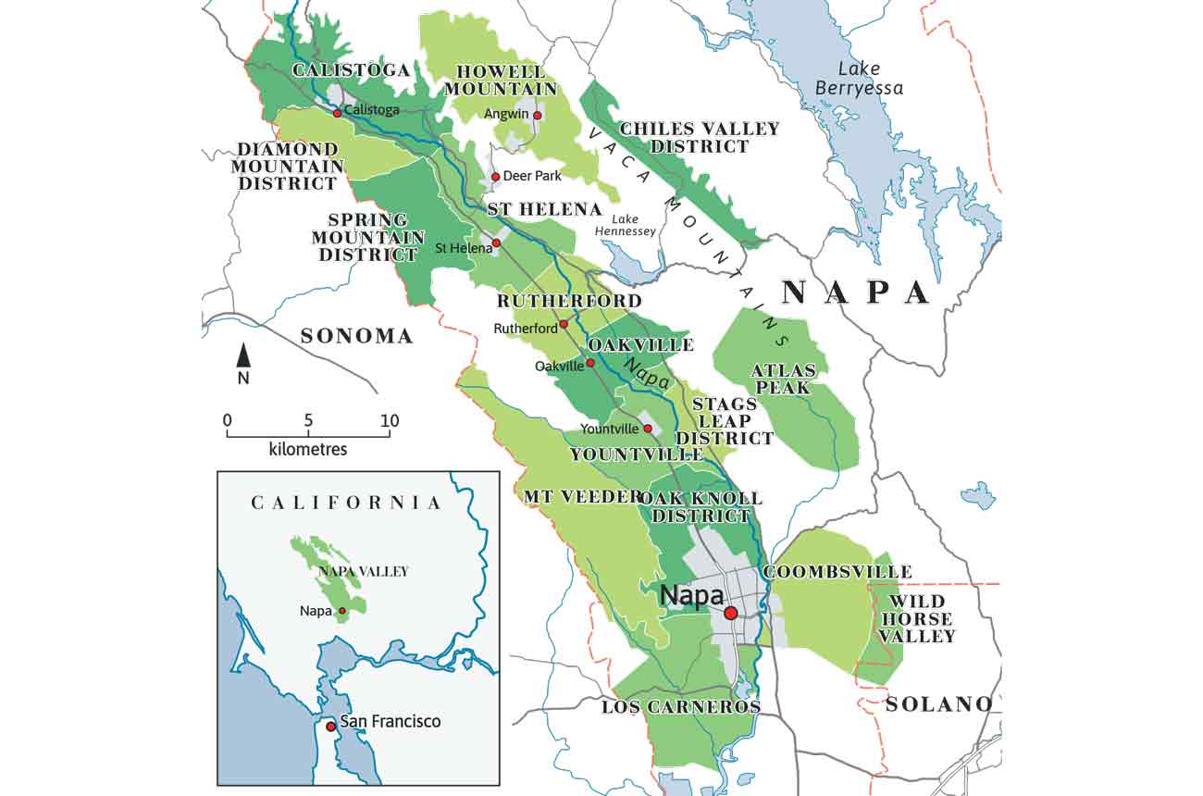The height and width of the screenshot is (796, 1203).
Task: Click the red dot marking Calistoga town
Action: tap(337, 112)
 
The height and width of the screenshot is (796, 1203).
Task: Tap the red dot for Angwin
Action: tap(538, 116)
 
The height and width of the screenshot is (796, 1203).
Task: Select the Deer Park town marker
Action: tap(495, 176)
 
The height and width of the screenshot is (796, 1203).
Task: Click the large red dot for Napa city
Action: tap(731, 613)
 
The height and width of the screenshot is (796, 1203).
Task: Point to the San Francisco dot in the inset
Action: tap(330, 727)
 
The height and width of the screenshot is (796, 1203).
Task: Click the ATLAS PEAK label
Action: tap(783, 379)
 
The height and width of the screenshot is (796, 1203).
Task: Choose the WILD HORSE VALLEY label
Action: tap(916, 618)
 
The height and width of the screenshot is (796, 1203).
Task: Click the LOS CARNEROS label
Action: tap(681, 707)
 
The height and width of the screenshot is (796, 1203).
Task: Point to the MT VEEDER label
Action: tap(582, 497)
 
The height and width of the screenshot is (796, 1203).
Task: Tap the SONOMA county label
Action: tap(356, 336)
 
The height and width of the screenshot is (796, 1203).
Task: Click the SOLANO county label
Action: tap(938, 704)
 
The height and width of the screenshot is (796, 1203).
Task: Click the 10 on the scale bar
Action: tap(389, 422)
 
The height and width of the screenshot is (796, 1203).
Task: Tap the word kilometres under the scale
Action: tap(308, 450)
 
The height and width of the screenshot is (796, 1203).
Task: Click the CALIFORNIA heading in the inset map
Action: tap(346, 503)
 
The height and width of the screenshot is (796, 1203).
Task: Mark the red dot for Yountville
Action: tap(648, 429)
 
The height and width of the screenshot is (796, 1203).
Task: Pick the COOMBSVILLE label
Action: tap(837, 572)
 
